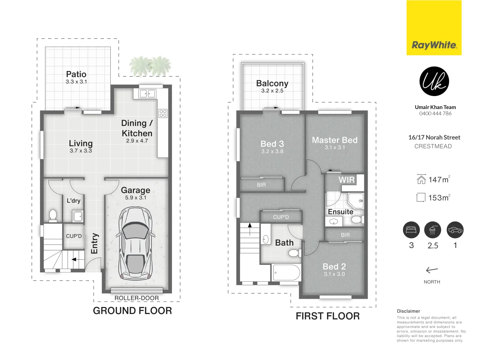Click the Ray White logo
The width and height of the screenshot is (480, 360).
coord(434,28)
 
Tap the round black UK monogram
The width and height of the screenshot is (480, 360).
coord(434,81)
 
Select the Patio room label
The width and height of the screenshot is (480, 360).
coord(76,74)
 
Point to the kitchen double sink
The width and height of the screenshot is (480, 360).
coord(148,94)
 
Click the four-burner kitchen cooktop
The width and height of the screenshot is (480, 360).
coord(163,113)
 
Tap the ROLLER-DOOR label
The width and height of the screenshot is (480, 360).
coord(136,298)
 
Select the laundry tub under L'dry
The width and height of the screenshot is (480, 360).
coord(78,216)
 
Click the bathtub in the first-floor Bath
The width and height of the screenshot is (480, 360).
coord(286,272)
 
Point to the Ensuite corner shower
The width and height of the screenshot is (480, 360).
coord(356,201)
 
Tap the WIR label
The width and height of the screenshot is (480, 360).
coord(346,180)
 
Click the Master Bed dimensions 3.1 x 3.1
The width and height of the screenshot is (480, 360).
coord(335,148)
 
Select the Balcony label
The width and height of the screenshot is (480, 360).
coord(272,83)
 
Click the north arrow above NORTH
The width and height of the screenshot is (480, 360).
coord(432,270)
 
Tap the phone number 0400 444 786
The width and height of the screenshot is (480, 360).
coord(435,113)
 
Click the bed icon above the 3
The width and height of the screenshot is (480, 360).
coord(411,230)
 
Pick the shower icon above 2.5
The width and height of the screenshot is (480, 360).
coord(433,230)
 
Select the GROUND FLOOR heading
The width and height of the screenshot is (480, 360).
coord(132,311)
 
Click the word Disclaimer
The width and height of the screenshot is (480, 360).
coord(408,311)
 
